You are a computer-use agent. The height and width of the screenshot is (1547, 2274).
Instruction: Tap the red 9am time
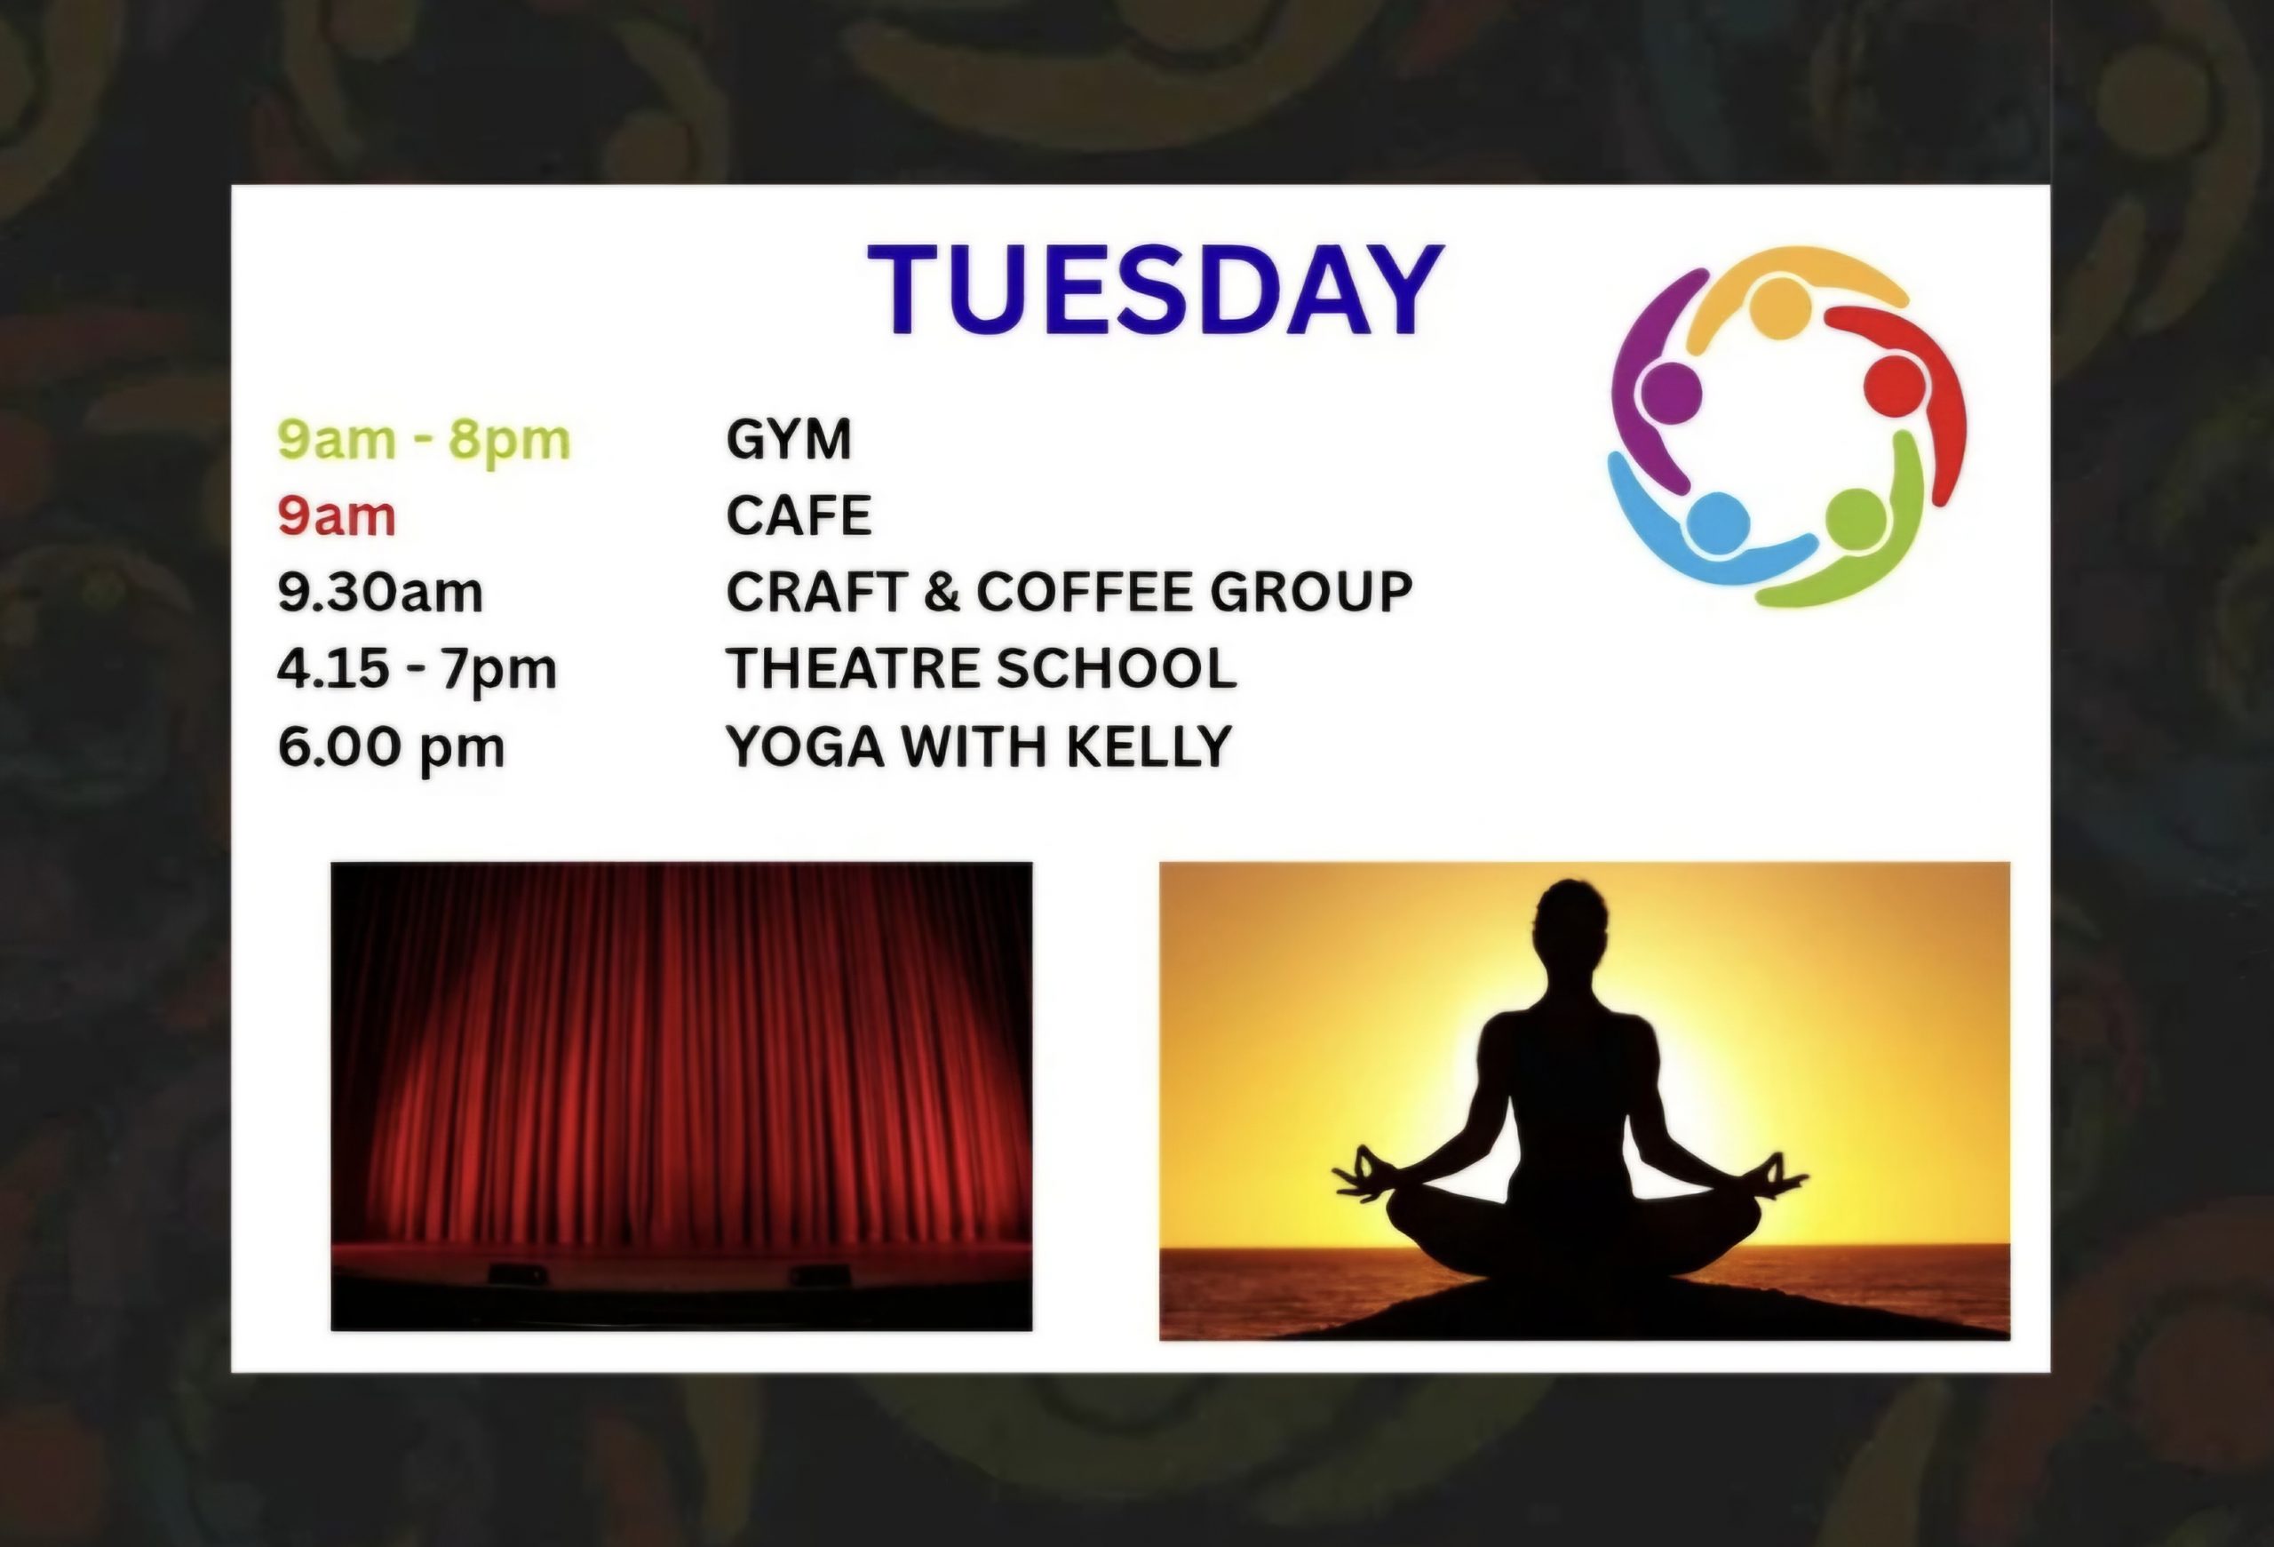pyautogui.click(x=337, y=515)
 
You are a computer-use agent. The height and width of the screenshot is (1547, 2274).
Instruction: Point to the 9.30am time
pyautogui.click(x=381, y=592)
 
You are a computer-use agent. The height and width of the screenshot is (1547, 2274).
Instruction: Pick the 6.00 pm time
pyautogui.click(x=392, y=748)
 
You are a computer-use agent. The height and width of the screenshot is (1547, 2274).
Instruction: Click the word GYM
pyautogui.click(x=789, y=438)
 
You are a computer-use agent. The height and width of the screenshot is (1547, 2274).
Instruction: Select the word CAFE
pyautogui.click(x=799, y=515)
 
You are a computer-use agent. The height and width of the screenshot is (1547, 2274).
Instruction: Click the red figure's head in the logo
pyautogui.click(x=1896, y=385)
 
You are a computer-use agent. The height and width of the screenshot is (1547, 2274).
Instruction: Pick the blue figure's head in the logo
pyautogui.click(x=1718, y=522)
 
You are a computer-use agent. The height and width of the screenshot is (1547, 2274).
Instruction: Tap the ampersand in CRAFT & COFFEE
pyautogui.click(x=942, y=592)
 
